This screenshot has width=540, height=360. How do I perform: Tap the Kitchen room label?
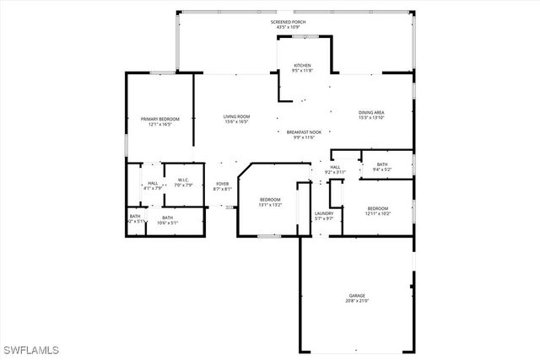click(x=302, y=66)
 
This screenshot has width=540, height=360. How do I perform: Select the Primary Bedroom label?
click(x=156, y=120)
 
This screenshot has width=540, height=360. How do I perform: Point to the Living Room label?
click(x=236, y=117)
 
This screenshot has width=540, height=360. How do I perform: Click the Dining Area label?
click(x=371, y=112)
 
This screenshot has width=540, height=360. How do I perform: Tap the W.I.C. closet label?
click(x=183, y=180)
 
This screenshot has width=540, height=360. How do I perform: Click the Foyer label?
click(x=222, y=184)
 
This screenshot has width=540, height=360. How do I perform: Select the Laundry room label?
click(x=324, y=213)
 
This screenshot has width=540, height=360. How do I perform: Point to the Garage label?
click(x=357, y=295)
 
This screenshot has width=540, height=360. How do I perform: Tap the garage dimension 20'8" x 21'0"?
click(x=357, y=301)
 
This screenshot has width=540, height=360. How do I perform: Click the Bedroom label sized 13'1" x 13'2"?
click(x=270, y=199)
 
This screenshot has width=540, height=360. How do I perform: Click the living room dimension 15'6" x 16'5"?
click(x=236, y=122)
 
